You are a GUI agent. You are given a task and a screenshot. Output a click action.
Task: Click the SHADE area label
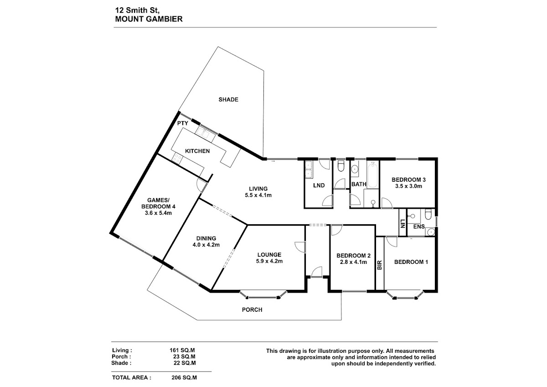(228, 100)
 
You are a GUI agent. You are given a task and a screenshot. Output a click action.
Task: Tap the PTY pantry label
(183, 124)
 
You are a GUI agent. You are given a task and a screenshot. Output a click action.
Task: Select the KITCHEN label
(197, 151)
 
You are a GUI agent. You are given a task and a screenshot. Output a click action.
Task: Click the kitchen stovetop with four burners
(177, 159)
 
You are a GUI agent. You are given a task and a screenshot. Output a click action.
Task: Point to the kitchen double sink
(205, 134)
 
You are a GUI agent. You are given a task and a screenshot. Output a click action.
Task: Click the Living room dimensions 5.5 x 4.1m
(258, 196)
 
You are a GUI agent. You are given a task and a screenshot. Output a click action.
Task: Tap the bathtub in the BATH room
(373, 175)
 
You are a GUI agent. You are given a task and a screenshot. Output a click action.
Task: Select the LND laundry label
(319, 186)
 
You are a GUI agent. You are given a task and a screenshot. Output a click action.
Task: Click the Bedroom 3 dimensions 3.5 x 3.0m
(408, 186)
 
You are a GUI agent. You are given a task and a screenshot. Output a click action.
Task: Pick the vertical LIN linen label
(403, 224)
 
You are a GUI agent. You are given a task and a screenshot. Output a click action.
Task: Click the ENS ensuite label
(419, 227)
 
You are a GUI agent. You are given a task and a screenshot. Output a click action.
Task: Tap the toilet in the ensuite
(428, 215)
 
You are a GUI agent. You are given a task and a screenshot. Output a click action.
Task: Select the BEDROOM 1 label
(411, 262)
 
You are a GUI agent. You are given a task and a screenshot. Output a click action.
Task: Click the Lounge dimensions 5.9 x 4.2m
(269, 261)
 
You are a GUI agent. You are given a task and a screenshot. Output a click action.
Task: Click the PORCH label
(252, 310)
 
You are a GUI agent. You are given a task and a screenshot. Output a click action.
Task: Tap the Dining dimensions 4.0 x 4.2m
(206, 245)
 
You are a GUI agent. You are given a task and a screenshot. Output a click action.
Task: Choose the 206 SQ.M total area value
(184, 378)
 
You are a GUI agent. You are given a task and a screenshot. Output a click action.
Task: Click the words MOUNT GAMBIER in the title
(149, 19)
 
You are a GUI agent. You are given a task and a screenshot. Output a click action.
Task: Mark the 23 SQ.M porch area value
(184, 357)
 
